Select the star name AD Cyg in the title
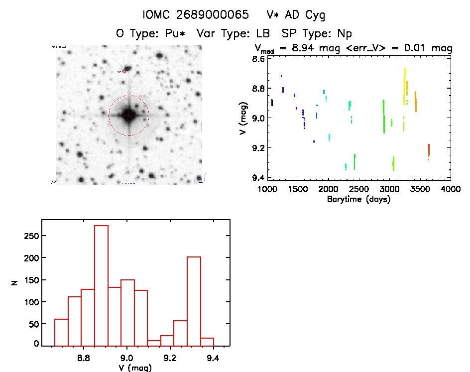[x=303, y=15]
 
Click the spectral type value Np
[x=344, y=33]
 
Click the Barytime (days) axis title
[x=358, y=199]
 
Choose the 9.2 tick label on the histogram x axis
[x=170, y=358]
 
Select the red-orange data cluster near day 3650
[x=429, y=150]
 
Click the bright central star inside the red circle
[x=128, y=115]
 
